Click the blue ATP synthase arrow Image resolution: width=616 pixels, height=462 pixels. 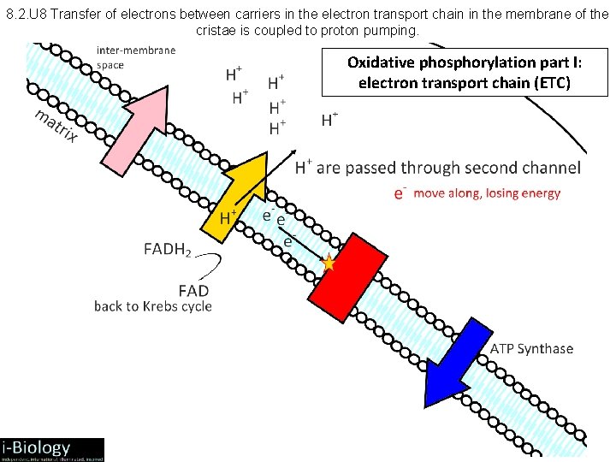[x=457, y=359]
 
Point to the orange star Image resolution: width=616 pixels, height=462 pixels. [x=329, y=264]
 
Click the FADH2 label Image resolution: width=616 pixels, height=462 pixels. [x=168, y=251]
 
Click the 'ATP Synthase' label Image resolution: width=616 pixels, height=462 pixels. [x=531, y=348]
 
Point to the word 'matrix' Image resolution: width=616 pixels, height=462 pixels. [x=56, y=126]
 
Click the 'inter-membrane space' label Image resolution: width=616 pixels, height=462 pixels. [x=136, y=56]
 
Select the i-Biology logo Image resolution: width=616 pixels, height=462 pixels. [x=51, y=449]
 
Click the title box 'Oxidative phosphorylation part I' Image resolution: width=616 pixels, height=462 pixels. [x=465, y=72]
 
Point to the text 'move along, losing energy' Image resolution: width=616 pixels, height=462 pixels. [x=487, y=193]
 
